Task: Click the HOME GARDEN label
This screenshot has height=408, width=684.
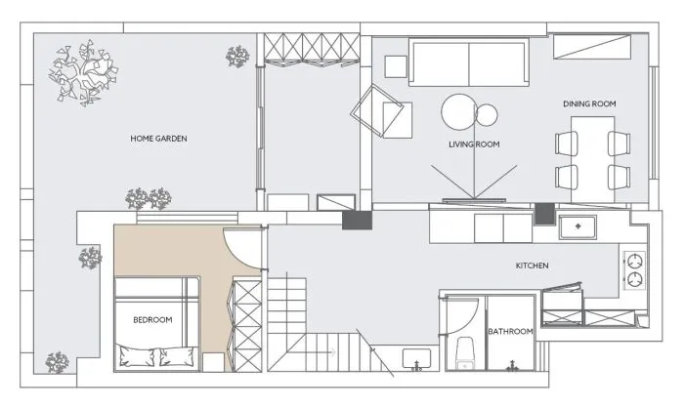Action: click(x=158, y=139)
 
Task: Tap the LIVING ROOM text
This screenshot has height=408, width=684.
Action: click(x=474, y=144)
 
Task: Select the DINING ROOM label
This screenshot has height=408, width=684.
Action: click(x=589, y=103)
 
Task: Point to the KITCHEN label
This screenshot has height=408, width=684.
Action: click(x=533, y=265)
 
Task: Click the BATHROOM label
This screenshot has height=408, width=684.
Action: click(x=510, y=332)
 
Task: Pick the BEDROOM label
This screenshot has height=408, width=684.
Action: click(x=152, y=320)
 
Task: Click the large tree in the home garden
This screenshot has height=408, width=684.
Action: click(x=83, y=73)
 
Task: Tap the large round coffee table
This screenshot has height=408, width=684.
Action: click(x=459, y=112)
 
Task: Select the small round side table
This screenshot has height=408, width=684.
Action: click(x=487, y=115)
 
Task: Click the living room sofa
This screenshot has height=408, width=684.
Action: click(x=469, y=62)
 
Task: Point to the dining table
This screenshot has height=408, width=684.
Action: click(x=593, y=159)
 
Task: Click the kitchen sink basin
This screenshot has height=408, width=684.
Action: click(x=578, y=226)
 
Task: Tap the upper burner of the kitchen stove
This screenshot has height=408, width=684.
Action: click(x=635, y=262)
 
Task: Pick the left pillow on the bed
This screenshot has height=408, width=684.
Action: click(x=138, y=356)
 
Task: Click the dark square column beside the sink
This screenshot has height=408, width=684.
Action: click(x=544, y=214)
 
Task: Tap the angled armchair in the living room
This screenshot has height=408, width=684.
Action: click(x=379, y=110)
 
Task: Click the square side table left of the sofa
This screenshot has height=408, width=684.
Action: click(x=396, y=66)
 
